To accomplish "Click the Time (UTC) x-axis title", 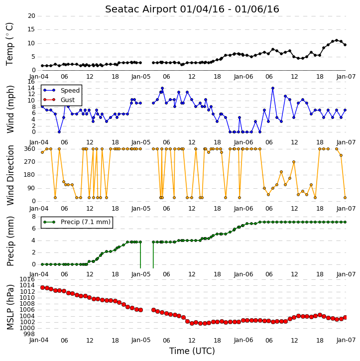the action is (x=192, y=351).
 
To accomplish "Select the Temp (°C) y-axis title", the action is (x=9, y=44).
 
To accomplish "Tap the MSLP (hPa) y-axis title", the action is (x=10, y=307).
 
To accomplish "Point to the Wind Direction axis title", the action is (x=10, y=175).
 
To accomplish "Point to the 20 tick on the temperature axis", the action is (x=31, y=16).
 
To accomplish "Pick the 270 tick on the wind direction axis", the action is (x=29, y=162).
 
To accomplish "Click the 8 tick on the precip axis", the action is (x=33, y=217).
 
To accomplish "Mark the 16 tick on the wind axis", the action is (x=31, y=82).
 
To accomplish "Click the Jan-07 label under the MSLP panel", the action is (x=346, y=340).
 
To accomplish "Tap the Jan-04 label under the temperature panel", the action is (x=39, y=77).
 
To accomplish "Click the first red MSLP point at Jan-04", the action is (x=42, y=288).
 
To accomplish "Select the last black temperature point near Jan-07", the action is (x=345, y=45).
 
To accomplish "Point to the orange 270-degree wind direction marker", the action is (x=294, y=162).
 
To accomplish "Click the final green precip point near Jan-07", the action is (x=345, y=222).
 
